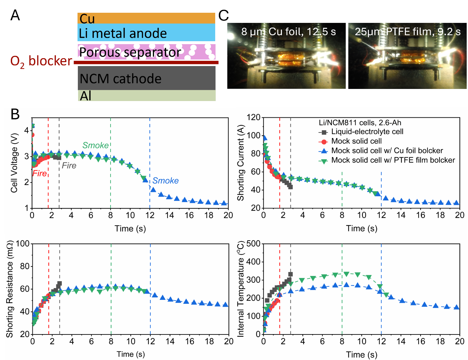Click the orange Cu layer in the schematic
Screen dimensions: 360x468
[146, 18]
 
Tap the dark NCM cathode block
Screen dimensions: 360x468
[147, 78]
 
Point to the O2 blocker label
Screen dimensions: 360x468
[41, 61]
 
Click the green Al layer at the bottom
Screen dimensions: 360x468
[147, 95]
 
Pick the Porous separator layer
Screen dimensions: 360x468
[147, 52]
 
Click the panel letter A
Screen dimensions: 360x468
[15, 15]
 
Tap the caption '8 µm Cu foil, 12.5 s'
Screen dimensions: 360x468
[288, 32]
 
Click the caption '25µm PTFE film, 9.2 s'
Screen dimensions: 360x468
[407, 32]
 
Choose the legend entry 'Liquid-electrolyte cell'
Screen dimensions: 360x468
[367, 132]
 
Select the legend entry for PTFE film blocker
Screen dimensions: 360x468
[393, 160]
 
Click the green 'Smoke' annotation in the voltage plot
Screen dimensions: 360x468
[95, 145]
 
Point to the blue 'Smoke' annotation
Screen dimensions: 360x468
[165, 180]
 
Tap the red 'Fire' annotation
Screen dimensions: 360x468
[40, 173]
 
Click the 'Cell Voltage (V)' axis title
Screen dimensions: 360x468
[14, 163]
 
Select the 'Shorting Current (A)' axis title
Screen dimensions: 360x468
[241, 163]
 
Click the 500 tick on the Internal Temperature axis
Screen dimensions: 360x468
[253, 244]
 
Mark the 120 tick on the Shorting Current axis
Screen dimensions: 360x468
[253, 117]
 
